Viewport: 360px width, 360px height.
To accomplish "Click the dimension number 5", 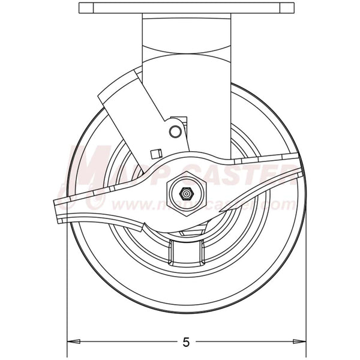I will click(185, 343).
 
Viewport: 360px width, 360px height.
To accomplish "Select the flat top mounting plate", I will click(187, 9).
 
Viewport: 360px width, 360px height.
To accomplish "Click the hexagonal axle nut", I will click(187, 194).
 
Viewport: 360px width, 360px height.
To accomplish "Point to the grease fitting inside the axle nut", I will click(187, 194).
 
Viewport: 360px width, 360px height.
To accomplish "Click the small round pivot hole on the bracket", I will click(175, 131).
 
